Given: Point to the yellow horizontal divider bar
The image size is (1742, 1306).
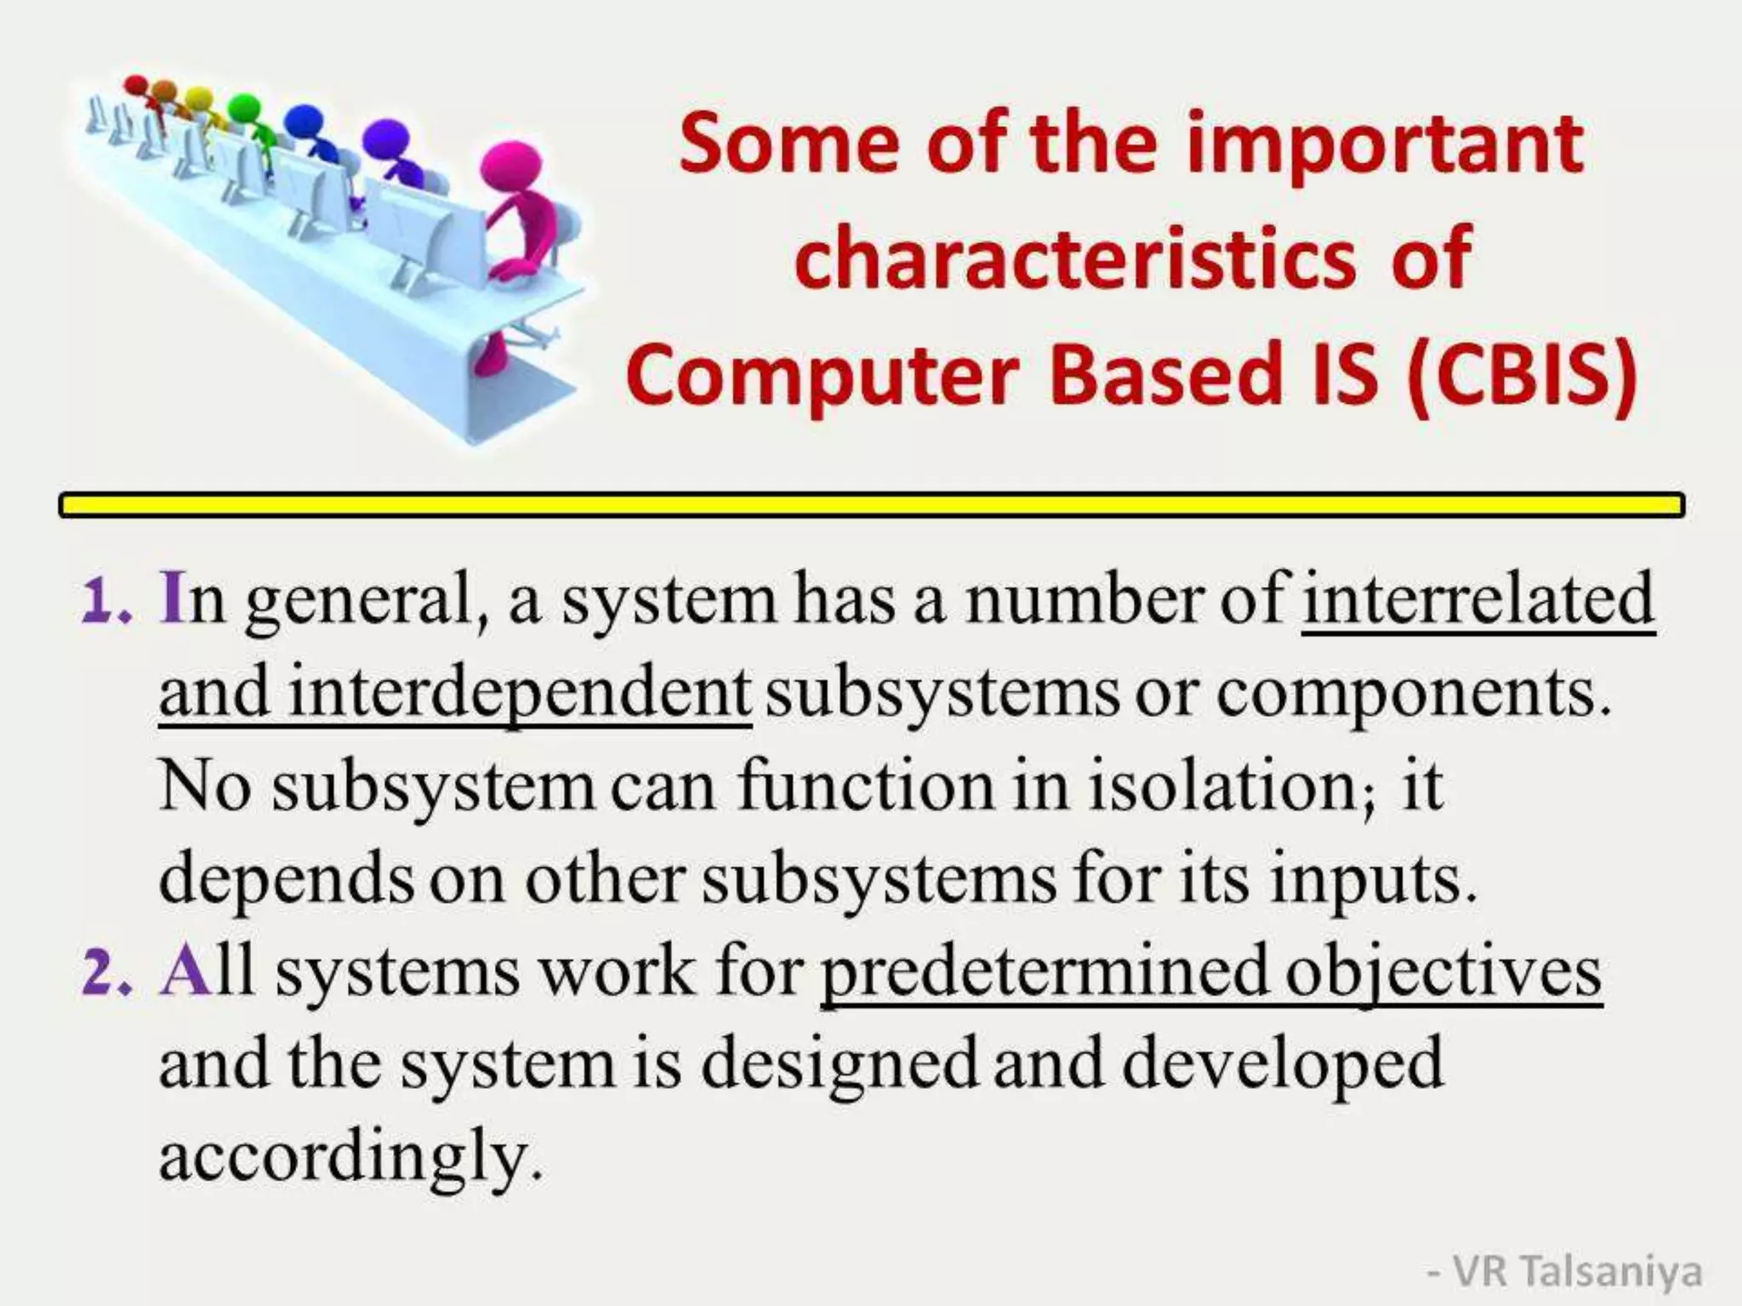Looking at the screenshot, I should (x=871, y=505).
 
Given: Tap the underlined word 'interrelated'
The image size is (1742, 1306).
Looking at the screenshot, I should (x=1477, y=600).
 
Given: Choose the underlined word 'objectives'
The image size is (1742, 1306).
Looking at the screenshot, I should (x=1443, y=973).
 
